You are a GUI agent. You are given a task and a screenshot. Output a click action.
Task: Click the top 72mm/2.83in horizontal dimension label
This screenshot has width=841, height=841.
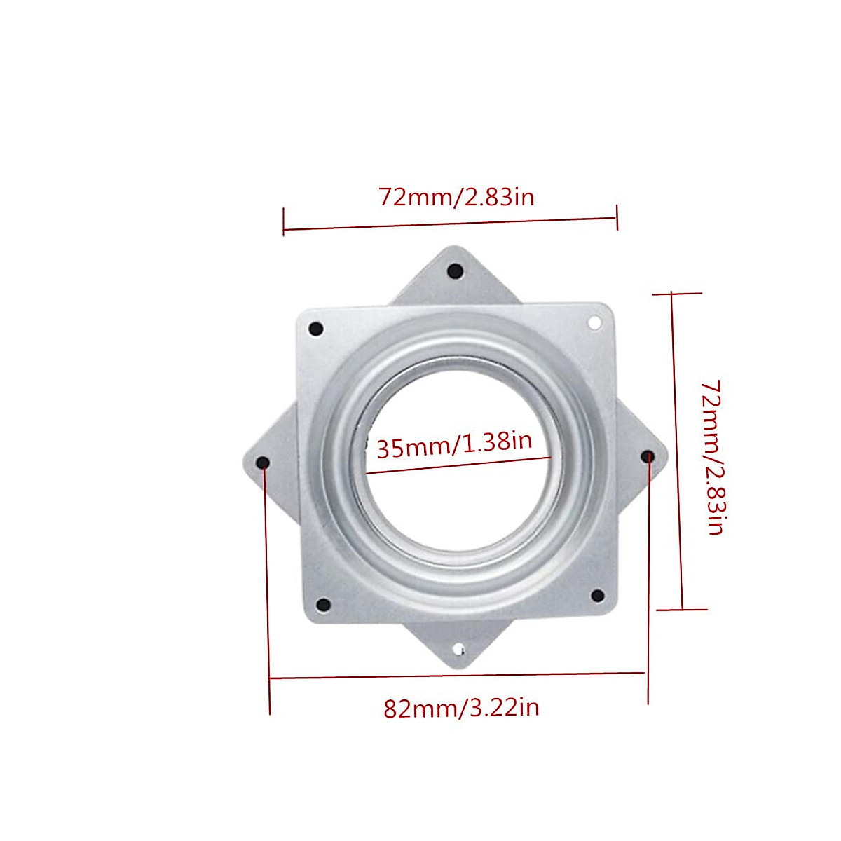pyautogui.click(x=456, y=198)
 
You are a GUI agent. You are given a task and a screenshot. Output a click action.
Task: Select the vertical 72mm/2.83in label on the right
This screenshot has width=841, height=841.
pyautogui.click(x=714, y=458)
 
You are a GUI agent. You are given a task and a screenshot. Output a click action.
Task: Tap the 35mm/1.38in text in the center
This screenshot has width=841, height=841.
pyautogui.click(x=454, y=444)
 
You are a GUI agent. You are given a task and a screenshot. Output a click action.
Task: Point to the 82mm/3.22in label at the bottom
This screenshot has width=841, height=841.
pyautogui.click(x=461, y=708)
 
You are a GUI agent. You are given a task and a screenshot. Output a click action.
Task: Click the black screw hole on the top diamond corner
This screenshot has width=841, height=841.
pyautogui.click(x=456, y=271)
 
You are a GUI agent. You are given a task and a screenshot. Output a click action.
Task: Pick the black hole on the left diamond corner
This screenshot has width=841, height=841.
pyautogui.click(x=264, y=463)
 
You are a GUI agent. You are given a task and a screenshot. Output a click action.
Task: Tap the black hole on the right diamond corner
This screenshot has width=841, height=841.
pyautogui.click(x=648, y=456)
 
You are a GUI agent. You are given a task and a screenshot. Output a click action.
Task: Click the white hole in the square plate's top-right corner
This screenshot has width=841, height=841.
pyautogui.click(x=594, y=322)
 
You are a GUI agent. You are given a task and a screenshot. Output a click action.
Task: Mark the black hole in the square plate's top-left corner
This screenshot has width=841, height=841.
pyautogui.click(x=315, y=329)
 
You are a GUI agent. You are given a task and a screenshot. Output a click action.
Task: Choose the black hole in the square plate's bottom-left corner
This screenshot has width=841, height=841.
pyautogui.click(x=323, y=605)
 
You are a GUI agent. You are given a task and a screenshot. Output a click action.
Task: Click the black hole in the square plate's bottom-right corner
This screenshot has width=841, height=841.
pyautogui.click(x=597, y=596)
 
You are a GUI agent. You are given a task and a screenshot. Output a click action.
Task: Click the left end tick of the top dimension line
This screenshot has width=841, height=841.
pyautogui.click(x=284, y=221)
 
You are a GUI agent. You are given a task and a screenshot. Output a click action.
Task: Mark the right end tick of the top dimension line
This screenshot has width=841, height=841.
pyautogui.click(x=617, y=217)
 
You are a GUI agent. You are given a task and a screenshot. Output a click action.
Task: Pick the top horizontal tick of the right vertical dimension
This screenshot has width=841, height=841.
pyautogui.click(x=677, y=294)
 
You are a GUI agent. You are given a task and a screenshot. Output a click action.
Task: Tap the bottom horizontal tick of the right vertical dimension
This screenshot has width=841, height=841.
pyautogui.click(x=682, y=609)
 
